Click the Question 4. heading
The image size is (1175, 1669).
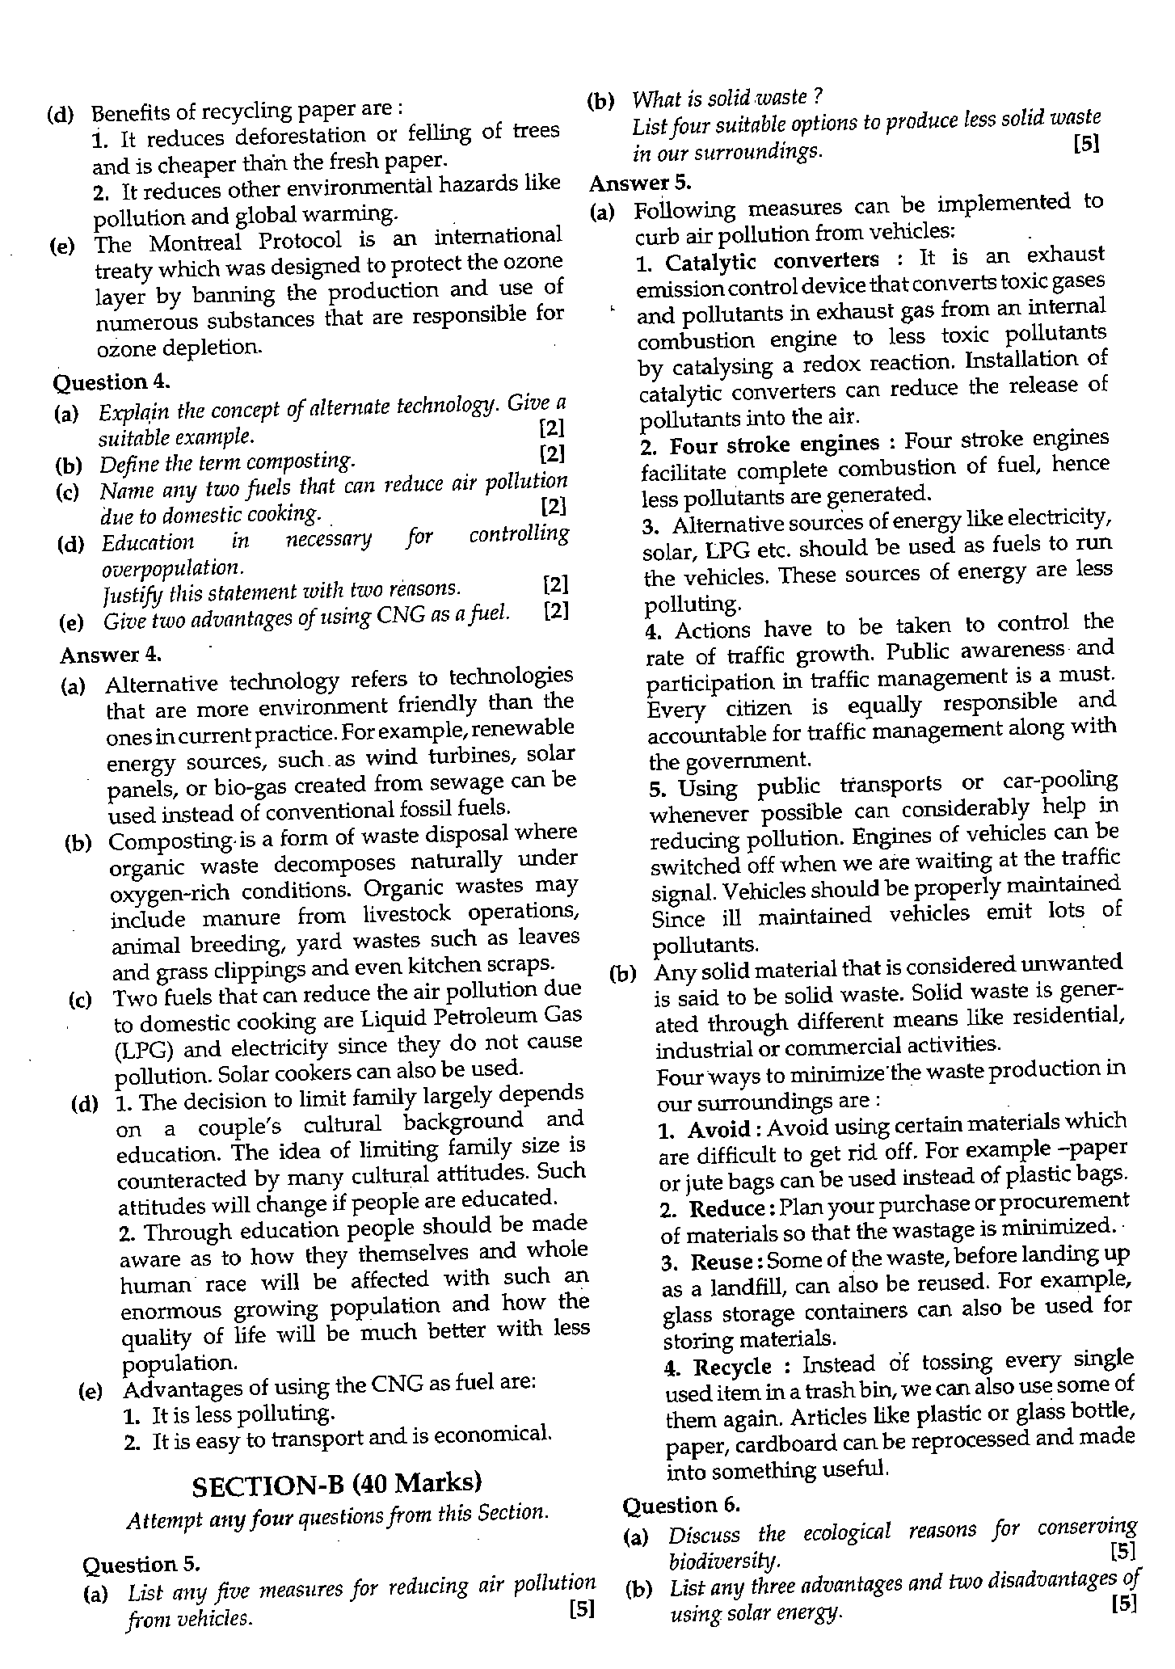click(x=100, y=381)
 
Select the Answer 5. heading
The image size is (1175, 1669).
click(x=640, y=183)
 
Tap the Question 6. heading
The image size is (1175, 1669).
click(x=681, y=1505)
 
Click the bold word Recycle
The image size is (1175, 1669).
click(x=733, y=1368)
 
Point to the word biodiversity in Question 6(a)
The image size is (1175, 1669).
click(x=724, y=1560)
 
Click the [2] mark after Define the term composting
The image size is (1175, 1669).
click(x=552, y=453)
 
